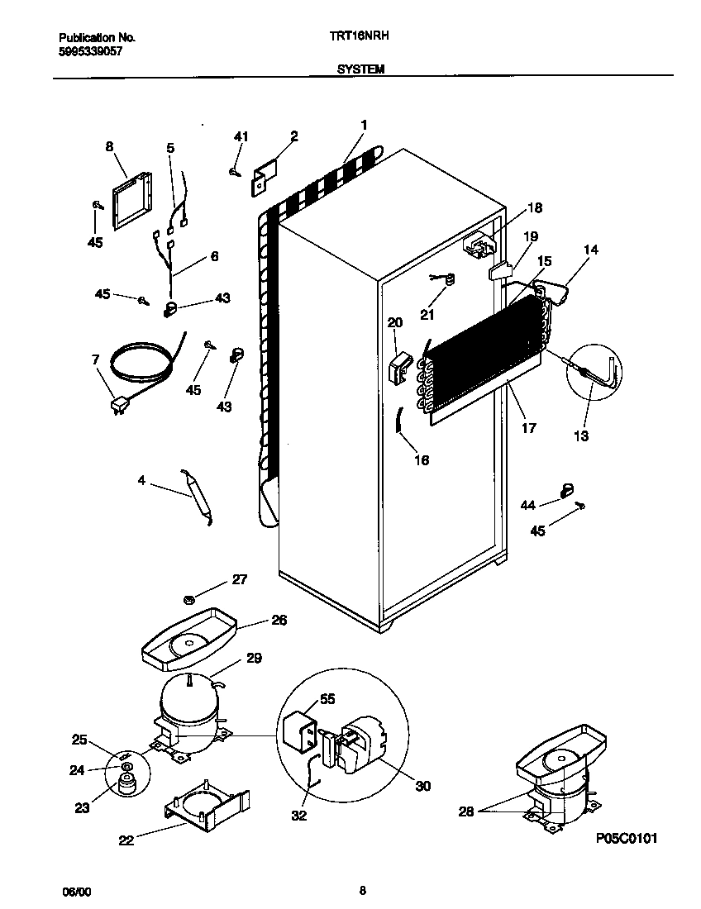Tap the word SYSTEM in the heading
click(360, 70)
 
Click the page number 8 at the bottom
click(363, 890)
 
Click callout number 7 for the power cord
click(95, 359)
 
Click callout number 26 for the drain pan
click(279, 620)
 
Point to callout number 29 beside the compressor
click(254, 659)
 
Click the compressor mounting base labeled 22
click(204, 806)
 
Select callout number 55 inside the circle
click(327, 698)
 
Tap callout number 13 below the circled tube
click(581, 435)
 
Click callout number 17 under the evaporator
click(528, 428)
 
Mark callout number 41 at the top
click(241, 136)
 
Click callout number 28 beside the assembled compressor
click(467, 812)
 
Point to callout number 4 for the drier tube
click(141, 480)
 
